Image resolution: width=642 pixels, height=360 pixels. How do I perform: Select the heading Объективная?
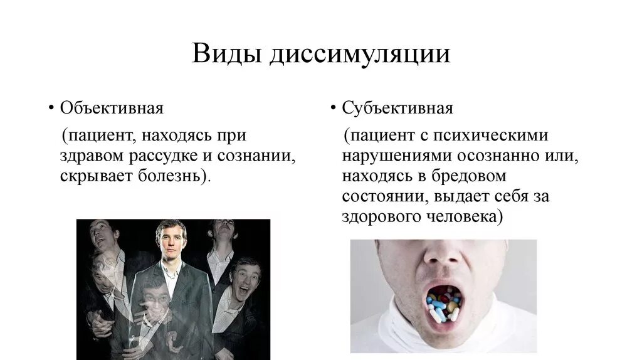point(112,108)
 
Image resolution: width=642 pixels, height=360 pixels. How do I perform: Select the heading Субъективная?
point(397,108)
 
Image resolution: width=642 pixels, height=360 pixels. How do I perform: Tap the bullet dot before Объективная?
point(51,108)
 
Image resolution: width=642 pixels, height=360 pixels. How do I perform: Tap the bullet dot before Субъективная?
point(334,108)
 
